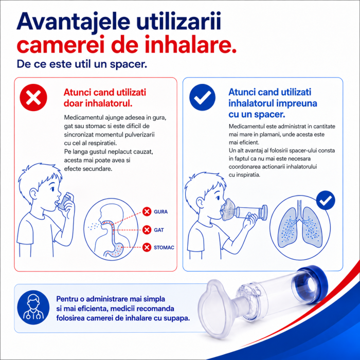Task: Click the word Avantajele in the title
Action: pos(74,22)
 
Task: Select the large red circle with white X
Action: pos(33,97)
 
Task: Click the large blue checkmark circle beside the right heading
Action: pos(202,97)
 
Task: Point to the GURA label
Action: pos(160,212)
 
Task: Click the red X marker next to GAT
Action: pos(147,229)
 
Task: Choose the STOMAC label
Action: pos(164,247)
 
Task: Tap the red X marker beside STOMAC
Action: pos(147,247)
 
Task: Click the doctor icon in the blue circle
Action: pos(33,307)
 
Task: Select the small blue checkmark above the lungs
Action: pos(326,200)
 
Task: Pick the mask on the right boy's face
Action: pos(228,209)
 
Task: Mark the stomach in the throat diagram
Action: pos(116,250)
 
